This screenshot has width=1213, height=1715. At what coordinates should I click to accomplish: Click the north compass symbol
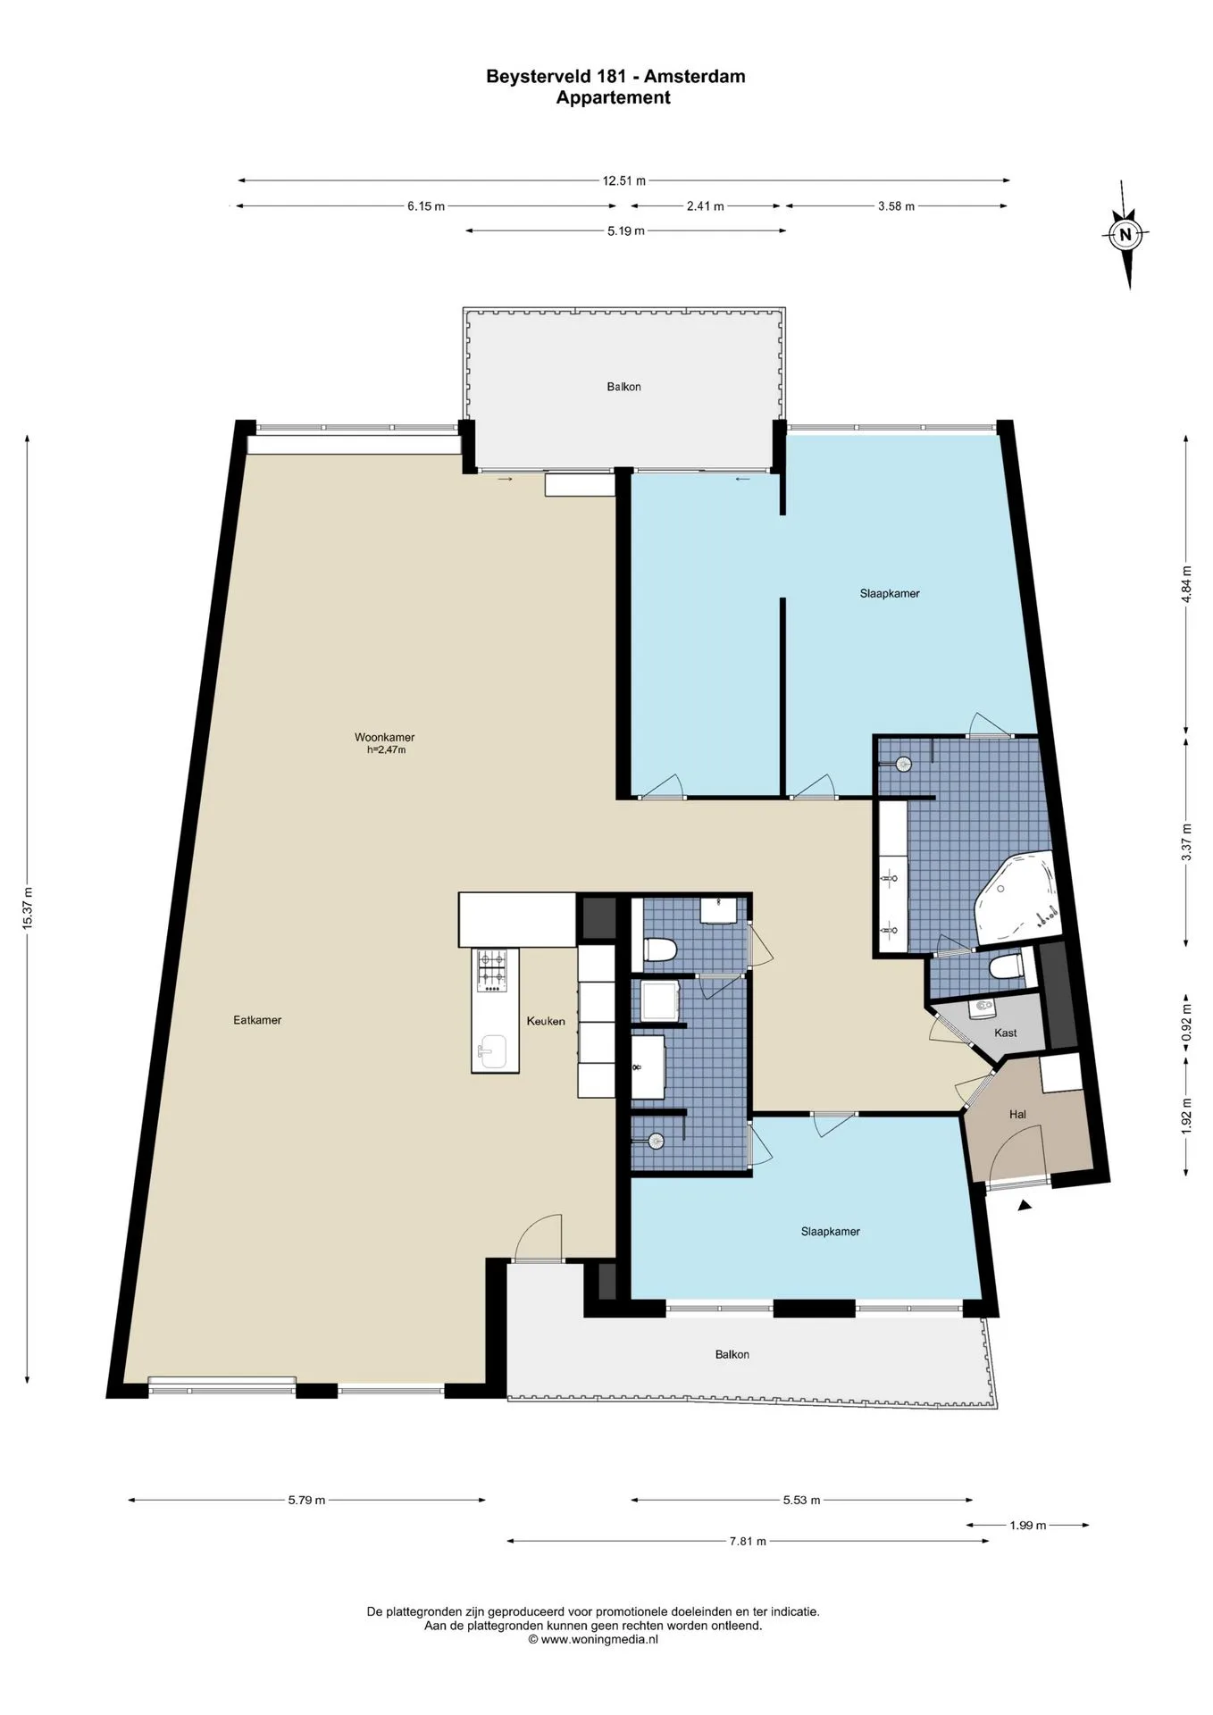click(1125, 235)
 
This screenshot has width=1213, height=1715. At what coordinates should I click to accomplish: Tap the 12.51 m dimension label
click(623, 180)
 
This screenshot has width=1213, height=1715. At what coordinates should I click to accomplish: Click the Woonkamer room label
click(384, 738)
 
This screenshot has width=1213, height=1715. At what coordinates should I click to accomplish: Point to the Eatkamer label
click(257, 1020)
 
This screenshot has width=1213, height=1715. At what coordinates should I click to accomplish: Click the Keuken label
click(546, 1021)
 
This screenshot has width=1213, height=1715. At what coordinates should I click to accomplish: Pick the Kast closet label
click(1006, 1033)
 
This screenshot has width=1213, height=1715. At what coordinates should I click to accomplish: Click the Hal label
click(1017, 1114)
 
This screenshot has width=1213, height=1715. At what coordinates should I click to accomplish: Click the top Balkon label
click(623, 387)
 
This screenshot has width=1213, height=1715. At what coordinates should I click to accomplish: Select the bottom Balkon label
click(732, 1354)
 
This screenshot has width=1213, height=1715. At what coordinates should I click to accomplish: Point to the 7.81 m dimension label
click(748, 1541)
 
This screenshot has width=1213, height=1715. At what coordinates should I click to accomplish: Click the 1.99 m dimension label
click(1028, 1525)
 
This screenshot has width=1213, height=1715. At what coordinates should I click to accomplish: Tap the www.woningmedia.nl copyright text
click(593, 1639)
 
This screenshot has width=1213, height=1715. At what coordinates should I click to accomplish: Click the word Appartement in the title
click(614, 98)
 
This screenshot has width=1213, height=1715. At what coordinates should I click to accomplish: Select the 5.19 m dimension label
click(626, 230)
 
